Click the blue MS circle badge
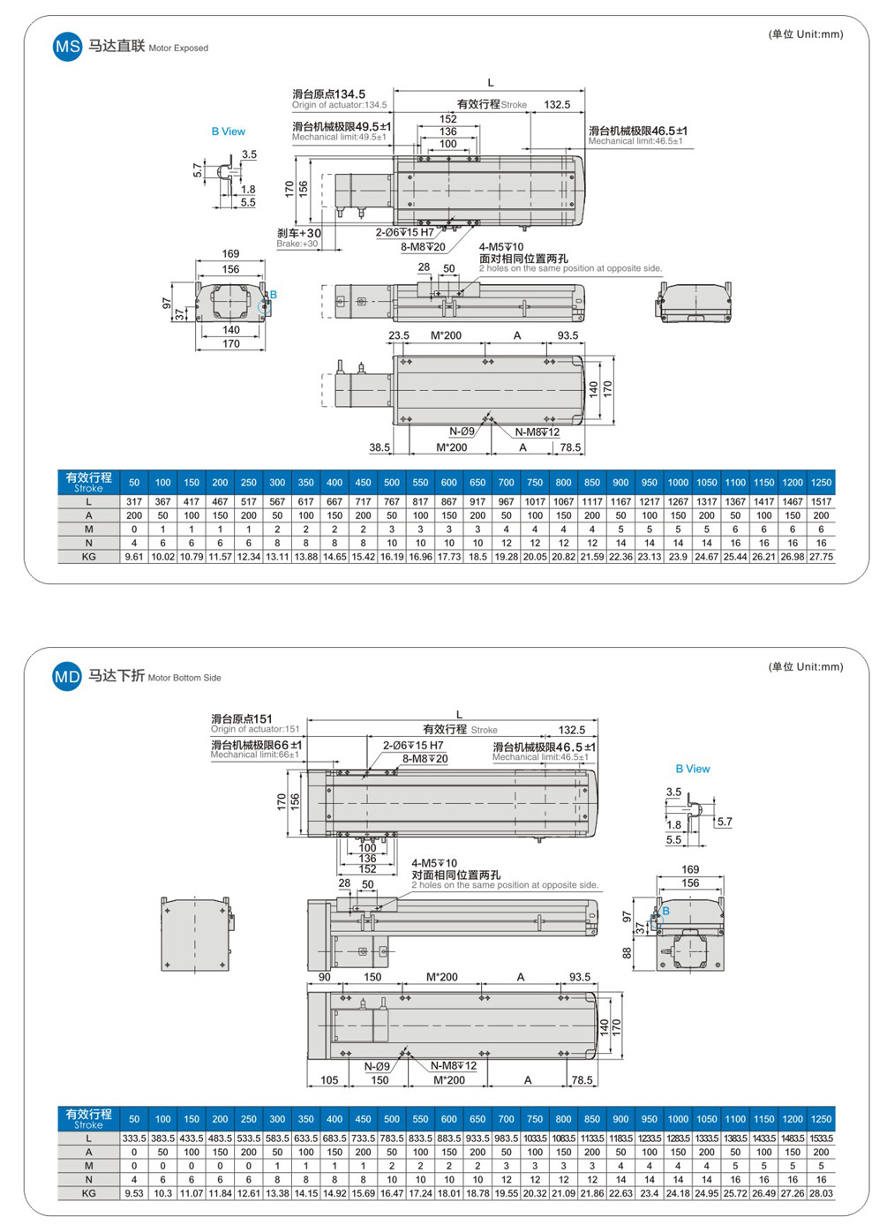67,47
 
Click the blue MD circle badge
67,677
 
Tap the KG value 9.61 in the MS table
134,557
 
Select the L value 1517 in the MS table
821,501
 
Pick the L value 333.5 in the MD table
134,1138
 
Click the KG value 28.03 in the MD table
821,1193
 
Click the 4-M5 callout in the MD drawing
434,863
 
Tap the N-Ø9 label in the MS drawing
462,432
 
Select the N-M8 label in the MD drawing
454,1065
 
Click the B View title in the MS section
228,131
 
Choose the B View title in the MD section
693,769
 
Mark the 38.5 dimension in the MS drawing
380,447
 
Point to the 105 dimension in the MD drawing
329,1080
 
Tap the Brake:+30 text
297,244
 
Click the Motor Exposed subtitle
178,49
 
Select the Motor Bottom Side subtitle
184,678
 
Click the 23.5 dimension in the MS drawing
399,335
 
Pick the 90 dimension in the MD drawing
325,977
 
